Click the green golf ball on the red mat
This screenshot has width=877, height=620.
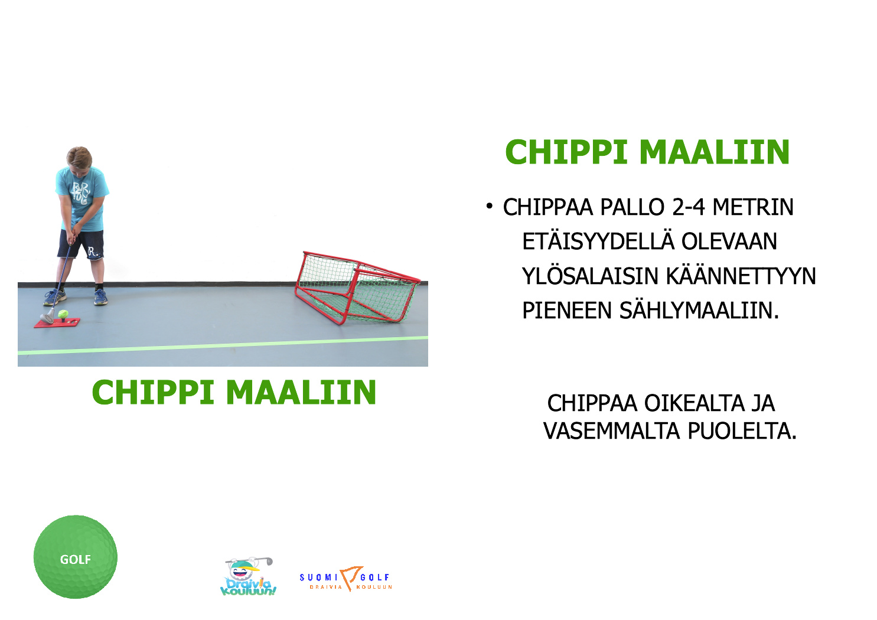tap(63, 314)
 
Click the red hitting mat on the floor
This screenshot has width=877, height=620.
tap(57, 322)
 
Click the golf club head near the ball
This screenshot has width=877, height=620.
tap(47, 318)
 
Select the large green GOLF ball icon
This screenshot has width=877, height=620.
tap(76, 557)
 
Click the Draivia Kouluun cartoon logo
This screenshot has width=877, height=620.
tap(248, 576)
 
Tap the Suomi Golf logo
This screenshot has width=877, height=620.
tap(346, 578)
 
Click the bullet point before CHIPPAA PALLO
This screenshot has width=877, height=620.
tap(489, 205)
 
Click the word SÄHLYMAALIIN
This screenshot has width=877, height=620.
tap(699, 311)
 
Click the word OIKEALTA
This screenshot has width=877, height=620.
tap(694, 403)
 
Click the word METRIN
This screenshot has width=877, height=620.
tap(753, 207)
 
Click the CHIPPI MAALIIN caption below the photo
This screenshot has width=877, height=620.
tap(234, 392)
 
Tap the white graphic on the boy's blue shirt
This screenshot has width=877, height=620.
tap(81, 193)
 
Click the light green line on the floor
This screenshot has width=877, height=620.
tap(223, 345)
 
